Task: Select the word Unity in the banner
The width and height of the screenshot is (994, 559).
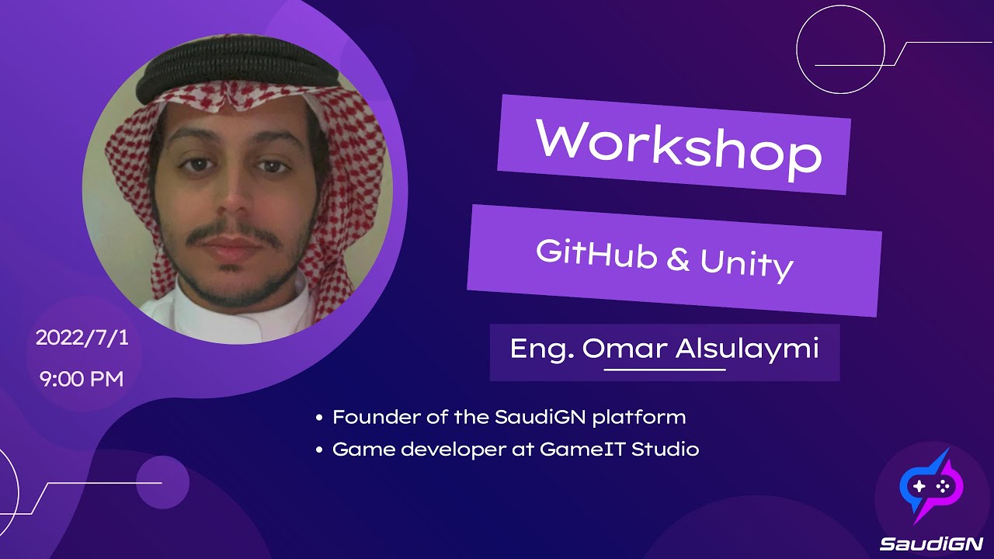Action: [746, 265]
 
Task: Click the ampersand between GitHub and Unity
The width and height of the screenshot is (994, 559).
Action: [677, 260]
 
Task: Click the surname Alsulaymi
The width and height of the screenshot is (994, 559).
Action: [747, 349]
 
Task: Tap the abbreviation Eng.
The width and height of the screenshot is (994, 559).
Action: [542, 349]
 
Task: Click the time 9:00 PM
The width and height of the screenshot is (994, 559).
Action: [80, 380]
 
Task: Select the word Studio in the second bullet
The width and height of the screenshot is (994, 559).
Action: [666, 449]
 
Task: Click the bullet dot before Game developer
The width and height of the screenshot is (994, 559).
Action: [319, 450]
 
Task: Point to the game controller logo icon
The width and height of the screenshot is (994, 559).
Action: [931, 487]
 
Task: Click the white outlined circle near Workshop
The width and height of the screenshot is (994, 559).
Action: [841, 54]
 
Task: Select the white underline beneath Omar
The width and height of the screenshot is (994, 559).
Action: [664, 370]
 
